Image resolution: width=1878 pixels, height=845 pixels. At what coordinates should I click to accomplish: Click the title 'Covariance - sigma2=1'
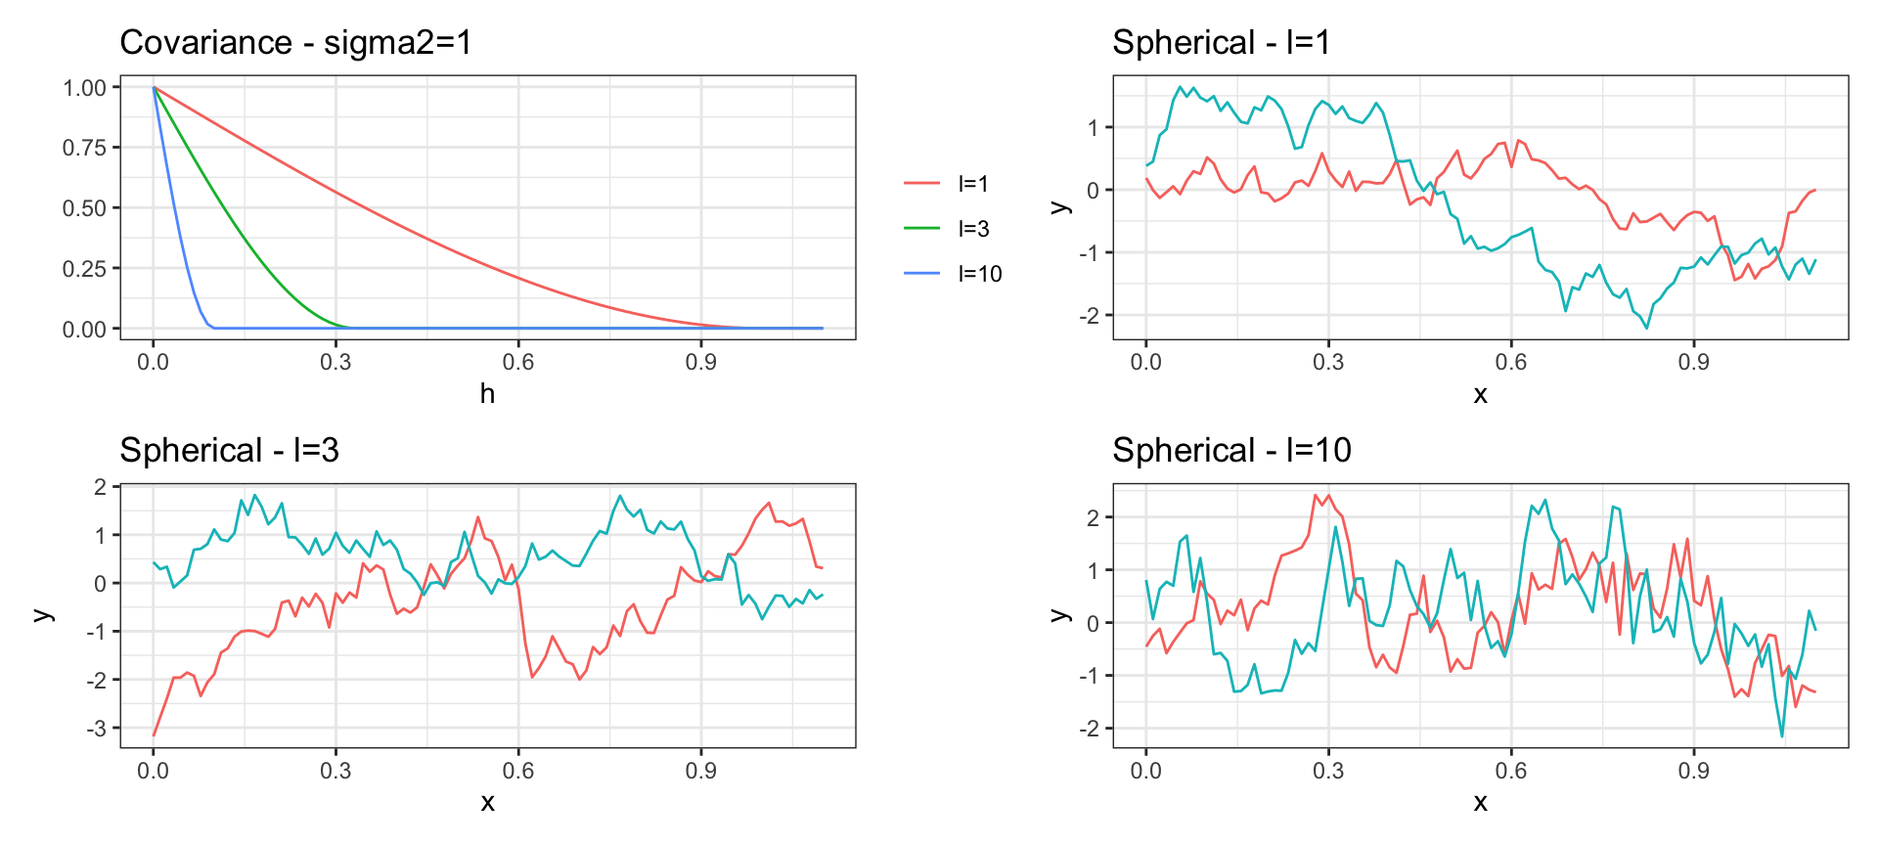tap(295, 43)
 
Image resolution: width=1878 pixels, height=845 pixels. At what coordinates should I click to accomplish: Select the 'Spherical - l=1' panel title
tap(1221, 43)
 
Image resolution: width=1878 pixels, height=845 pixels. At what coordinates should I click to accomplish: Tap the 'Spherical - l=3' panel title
tap(229, 450)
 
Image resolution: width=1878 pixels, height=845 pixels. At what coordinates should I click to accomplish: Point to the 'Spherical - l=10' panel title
tap(1231, 450)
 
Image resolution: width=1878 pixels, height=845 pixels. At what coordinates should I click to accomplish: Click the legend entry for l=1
tap(973, 184)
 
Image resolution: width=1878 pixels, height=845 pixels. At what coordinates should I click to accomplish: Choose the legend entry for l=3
tap(973, 229)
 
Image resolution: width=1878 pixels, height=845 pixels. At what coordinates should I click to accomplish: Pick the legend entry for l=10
tap(979, 274)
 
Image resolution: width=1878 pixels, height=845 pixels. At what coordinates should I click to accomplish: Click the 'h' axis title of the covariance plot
tap(487, 394)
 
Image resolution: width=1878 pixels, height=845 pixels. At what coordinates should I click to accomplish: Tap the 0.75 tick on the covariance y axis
tap(84, 148)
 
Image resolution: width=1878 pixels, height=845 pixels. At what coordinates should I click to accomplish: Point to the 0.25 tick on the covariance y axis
tap(84, 269)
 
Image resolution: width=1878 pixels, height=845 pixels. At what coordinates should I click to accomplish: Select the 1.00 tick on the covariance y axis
tap(84, 88)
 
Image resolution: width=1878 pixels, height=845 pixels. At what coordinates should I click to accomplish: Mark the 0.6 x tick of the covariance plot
tap(518, 362)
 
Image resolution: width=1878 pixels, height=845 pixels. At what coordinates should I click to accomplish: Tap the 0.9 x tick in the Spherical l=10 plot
tap(1693, 770)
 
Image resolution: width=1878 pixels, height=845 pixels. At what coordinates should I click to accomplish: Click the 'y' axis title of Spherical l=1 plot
tap(1058, 207)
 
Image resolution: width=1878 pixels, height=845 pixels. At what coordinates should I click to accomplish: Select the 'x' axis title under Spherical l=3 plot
tap(487, 803)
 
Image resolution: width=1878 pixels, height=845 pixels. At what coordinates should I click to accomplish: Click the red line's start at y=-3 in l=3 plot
tap(154, 734)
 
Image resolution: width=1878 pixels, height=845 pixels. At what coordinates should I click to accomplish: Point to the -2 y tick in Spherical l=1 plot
tap(1092, 316)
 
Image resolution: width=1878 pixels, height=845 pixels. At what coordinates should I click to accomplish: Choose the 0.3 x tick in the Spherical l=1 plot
tap(1328, 362)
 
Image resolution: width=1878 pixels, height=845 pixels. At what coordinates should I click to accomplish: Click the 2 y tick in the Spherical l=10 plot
tap(1094, 517)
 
